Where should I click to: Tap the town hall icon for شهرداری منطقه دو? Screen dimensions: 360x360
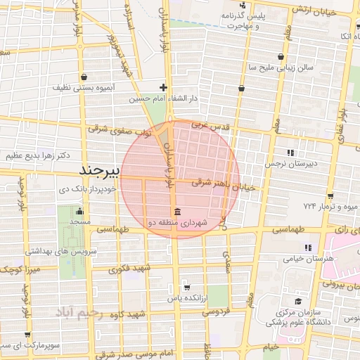(x=176, y=212)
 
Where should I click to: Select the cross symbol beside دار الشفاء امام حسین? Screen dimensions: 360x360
(x=163, y=88)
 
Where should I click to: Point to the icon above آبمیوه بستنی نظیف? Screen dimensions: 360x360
(x=84, y=77)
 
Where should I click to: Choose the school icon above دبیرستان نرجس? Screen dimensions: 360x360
(x=290, y=153)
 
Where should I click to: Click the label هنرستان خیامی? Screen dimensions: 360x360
(x=308, y=259)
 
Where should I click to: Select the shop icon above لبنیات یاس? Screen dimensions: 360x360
(x=186, y=287)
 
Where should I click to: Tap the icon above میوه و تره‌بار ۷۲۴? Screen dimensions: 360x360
(x=330, y=195)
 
